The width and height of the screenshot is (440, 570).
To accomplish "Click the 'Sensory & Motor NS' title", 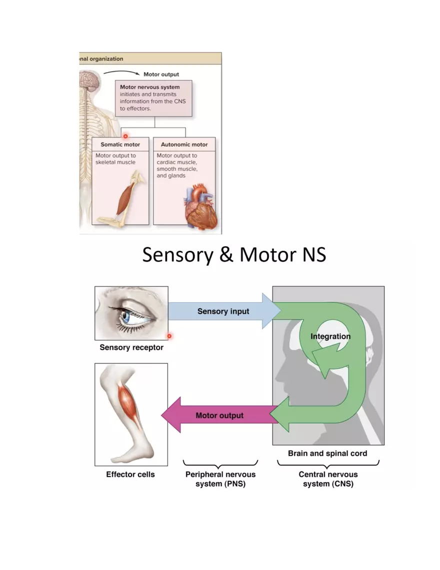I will coord(234,255).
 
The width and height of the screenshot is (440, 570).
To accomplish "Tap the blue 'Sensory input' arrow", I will coord(223,311).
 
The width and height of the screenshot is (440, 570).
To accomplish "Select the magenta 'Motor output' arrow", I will coord(219,415).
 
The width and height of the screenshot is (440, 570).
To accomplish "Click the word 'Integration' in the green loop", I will coord(330,336).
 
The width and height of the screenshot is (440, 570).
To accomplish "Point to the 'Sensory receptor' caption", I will coord(131,347).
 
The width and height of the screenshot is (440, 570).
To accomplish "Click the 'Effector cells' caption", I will coord(130,474).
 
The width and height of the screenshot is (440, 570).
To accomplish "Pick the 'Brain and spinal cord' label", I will coord(327,453).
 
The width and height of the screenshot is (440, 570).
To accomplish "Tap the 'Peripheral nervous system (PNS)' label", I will coord(220,479).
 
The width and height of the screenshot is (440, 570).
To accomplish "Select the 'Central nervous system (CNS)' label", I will coord(328,479).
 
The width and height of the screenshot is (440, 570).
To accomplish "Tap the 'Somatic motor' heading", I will coord(120,145).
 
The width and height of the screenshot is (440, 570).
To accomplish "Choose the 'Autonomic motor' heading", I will coord(184,145).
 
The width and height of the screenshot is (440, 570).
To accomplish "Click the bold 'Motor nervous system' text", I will coord(149,87).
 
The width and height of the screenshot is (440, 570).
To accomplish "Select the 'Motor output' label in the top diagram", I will coord(161,75).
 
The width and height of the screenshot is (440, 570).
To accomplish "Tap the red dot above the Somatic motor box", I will coord(125,136).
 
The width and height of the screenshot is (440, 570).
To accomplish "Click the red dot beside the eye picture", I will coord(169,336).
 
